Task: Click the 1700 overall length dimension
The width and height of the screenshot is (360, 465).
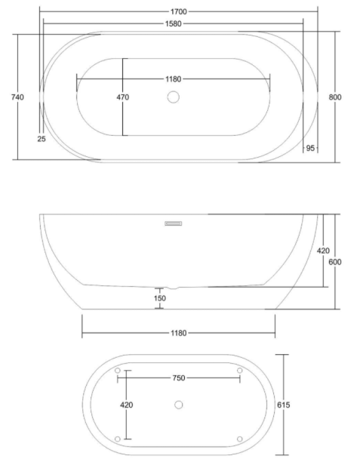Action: click(179, 11)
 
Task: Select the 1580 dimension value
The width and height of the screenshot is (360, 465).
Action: click(173, 23)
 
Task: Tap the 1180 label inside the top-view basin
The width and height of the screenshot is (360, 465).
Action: click(173, 79)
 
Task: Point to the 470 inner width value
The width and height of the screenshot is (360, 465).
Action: click(123, 97)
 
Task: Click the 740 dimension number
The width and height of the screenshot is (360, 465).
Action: click(17, 97)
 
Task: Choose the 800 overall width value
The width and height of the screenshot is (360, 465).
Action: click(335, 97)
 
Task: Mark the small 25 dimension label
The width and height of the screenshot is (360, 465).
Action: click(42, 138)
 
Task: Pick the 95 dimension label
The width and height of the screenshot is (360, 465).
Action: click(310, 148)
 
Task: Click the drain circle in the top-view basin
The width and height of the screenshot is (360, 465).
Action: click(173, 97)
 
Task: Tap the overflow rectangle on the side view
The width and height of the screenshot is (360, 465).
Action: click(173, 223)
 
